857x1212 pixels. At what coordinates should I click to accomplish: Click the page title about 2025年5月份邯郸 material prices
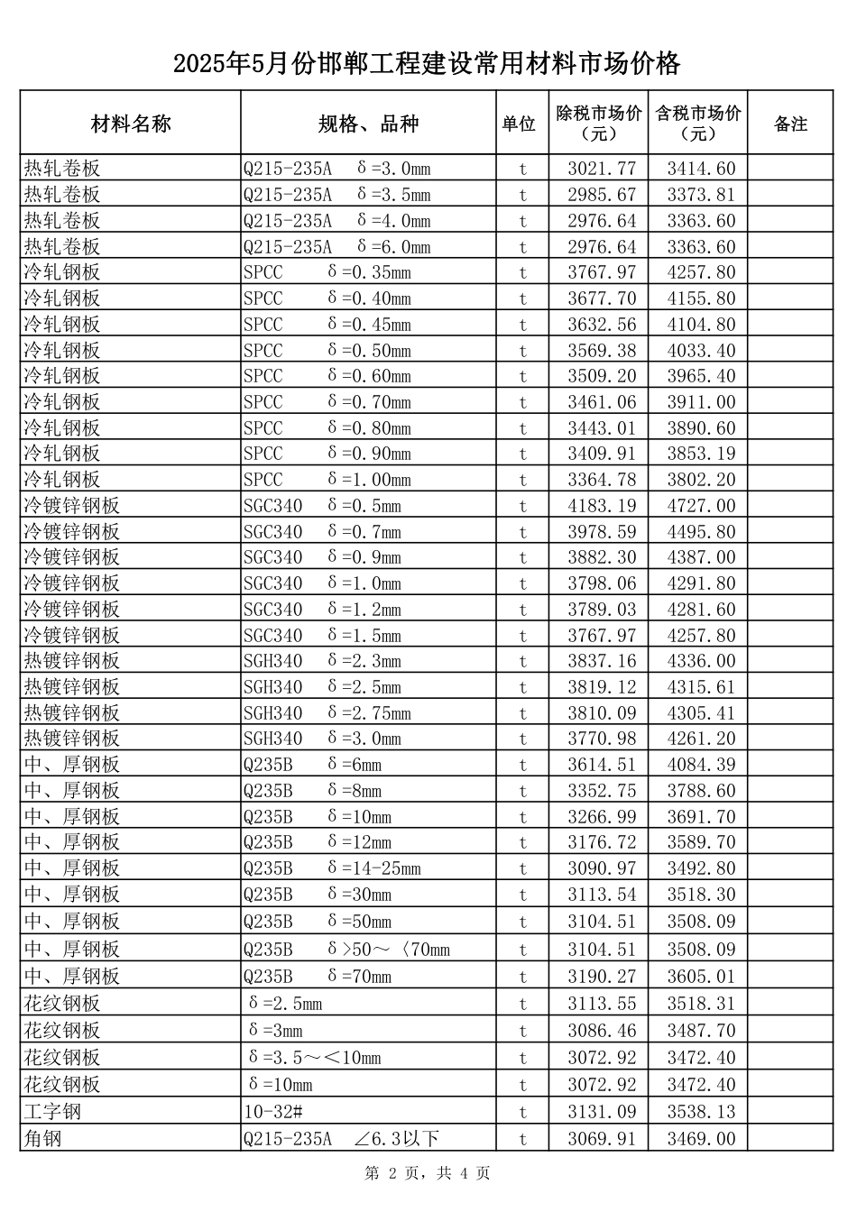click(427, 64)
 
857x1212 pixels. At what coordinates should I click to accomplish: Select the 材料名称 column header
click(131, 124)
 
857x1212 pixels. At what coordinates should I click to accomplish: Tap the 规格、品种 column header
click(368, 124)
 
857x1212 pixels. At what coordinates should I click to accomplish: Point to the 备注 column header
click(790, 124)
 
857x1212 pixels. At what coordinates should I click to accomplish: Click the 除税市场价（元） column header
click(599, 124)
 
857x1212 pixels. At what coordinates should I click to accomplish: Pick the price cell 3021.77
click(602, 169)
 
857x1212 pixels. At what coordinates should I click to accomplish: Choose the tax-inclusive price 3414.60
click(701, 169)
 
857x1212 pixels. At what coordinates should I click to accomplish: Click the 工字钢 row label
click(52, 1112)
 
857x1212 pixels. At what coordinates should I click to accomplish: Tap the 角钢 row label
click(42, 1139)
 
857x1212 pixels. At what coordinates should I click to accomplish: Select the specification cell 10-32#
click(272, 1112)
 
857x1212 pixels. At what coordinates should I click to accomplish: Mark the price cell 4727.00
click(701, 506)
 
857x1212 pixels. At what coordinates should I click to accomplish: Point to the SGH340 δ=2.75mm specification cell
click(327, 713)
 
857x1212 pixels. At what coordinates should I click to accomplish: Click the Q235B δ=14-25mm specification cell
click(332, 868)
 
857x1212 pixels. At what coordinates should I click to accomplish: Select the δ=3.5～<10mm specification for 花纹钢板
click(314, 1058)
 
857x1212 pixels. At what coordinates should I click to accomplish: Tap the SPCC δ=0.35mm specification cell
click(327, 272)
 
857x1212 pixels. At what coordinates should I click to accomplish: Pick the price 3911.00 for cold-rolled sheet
click(701, 402)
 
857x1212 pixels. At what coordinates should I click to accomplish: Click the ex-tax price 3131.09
click(602, 1112)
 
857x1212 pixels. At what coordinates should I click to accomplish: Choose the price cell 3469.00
click(701, 1139)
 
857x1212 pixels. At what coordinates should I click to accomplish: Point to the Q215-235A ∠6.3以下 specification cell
click(341, 1139)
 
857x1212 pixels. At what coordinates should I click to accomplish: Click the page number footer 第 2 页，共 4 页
click(427, 1173)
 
